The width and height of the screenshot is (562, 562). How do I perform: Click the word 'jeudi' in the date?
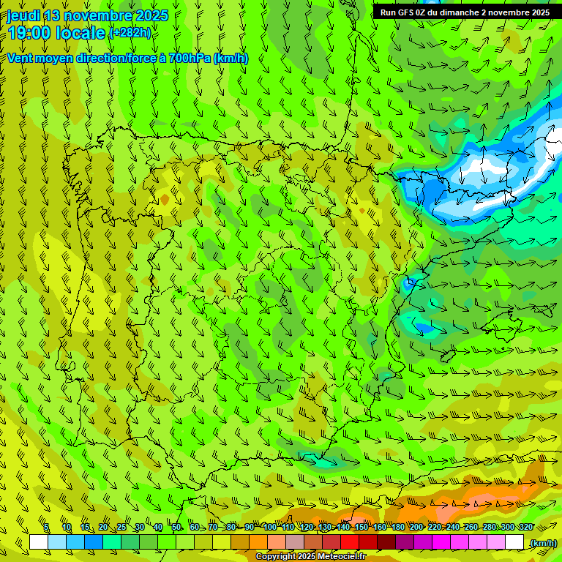[24, 15]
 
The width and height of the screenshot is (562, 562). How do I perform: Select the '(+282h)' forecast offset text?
[130, 33]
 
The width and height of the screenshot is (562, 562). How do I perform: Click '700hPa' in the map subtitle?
[190, 58]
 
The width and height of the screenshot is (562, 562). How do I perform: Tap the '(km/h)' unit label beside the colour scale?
[542, 543]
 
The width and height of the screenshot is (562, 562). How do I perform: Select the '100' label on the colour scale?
[270, 527]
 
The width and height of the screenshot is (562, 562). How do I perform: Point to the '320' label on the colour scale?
[525, 527]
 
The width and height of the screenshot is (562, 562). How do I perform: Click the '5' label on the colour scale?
[46, 527]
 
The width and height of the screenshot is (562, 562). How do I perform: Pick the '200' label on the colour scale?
[416, 527]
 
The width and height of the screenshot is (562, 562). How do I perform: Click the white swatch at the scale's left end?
[39, 542]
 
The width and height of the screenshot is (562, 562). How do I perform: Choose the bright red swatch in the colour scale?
[350, 542]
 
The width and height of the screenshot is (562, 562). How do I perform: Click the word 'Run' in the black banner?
[388, 12]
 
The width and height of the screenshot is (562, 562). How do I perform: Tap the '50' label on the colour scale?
[176, 527]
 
